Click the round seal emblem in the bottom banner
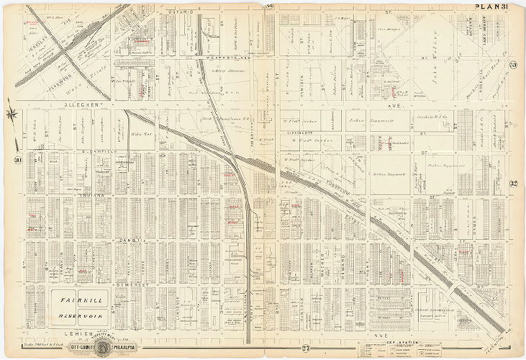(124, 346)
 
